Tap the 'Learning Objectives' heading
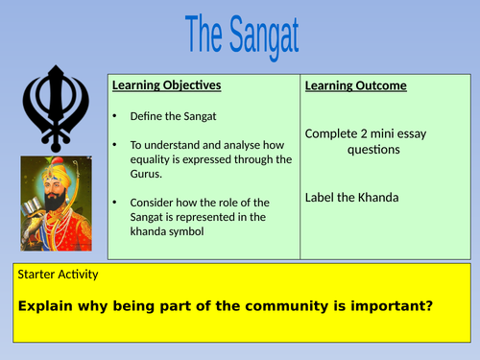(x=166, y=85)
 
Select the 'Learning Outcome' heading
(x=355, y=86)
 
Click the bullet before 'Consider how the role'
(x=115, y=203)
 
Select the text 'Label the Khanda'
(x=352, y=198)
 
